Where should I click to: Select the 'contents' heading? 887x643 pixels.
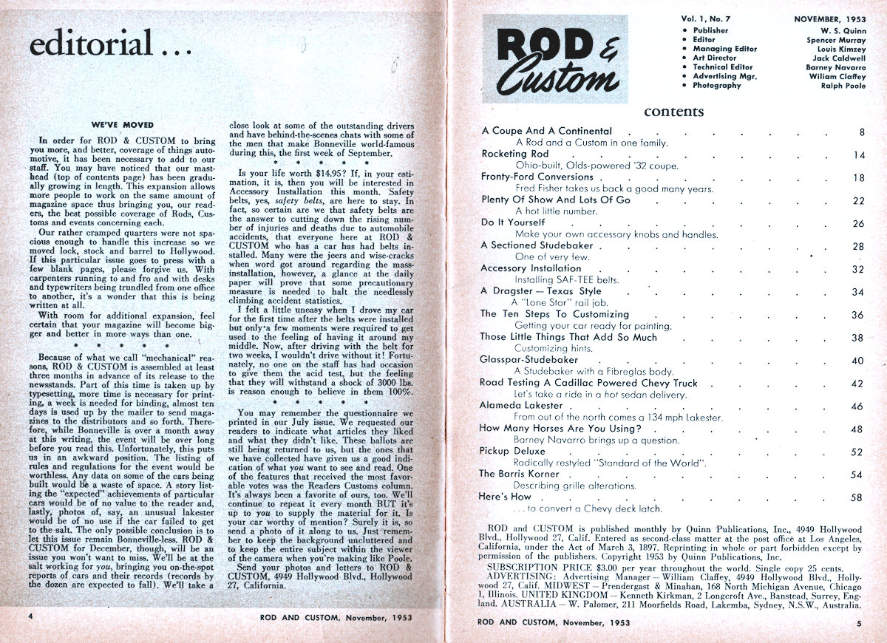673,112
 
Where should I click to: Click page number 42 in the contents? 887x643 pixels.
857,384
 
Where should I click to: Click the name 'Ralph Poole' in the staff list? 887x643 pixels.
842,86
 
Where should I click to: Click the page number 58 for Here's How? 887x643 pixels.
857,497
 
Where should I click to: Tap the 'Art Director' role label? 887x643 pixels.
714,58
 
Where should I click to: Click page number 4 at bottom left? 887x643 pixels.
30,616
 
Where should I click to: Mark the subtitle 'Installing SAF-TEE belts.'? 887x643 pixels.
567,280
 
